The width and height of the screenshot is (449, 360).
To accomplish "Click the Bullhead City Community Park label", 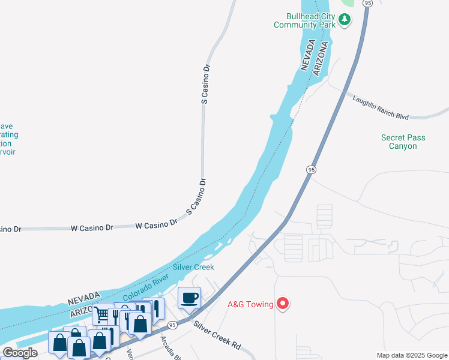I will [x=303, y=20].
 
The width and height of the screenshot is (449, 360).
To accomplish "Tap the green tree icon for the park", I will [x=345, y=20].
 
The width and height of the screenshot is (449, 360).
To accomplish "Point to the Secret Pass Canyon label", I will [x=403, y=142].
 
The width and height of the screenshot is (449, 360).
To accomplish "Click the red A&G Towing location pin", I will [x=283, y=304].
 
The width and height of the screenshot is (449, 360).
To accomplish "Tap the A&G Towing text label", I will [x=250, y=304].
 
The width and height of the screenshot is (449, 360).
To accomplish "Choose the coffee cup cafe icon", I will [x=190, y=298].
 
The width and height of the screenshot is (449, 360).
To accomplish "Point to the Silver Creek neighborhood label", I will [x=193, y=267].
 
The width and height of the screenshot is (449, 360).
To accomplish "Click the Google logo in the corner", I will [x=20, y=353].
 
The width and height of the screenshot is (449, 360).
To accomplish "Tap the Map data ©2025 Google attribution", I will [x=412, y=355].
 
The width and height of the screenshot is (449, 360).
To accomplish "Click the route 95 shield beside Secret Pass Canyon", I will [x=310, y=170].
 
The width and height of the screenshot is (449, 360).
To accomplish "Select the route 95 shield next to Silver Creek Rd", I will [x=172, y=325].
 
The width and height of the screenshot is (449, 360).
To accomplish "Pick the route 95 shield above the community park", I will [x=368, y=3].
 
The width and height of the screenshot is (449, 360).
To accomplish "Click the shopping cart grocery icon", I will [x=103, y=313].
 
